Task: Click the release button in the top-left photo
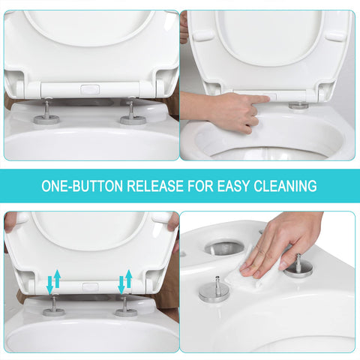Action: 89,89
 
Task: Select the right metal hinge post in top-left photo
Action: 132,112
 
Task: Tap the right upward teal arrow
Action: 129,278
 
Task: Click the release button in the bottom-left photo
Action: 89,286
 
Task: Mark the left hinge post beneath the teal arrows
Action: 54,307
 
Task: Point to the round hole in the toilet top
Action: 223,247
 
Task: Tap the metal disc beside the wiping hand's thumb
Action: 298,266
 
